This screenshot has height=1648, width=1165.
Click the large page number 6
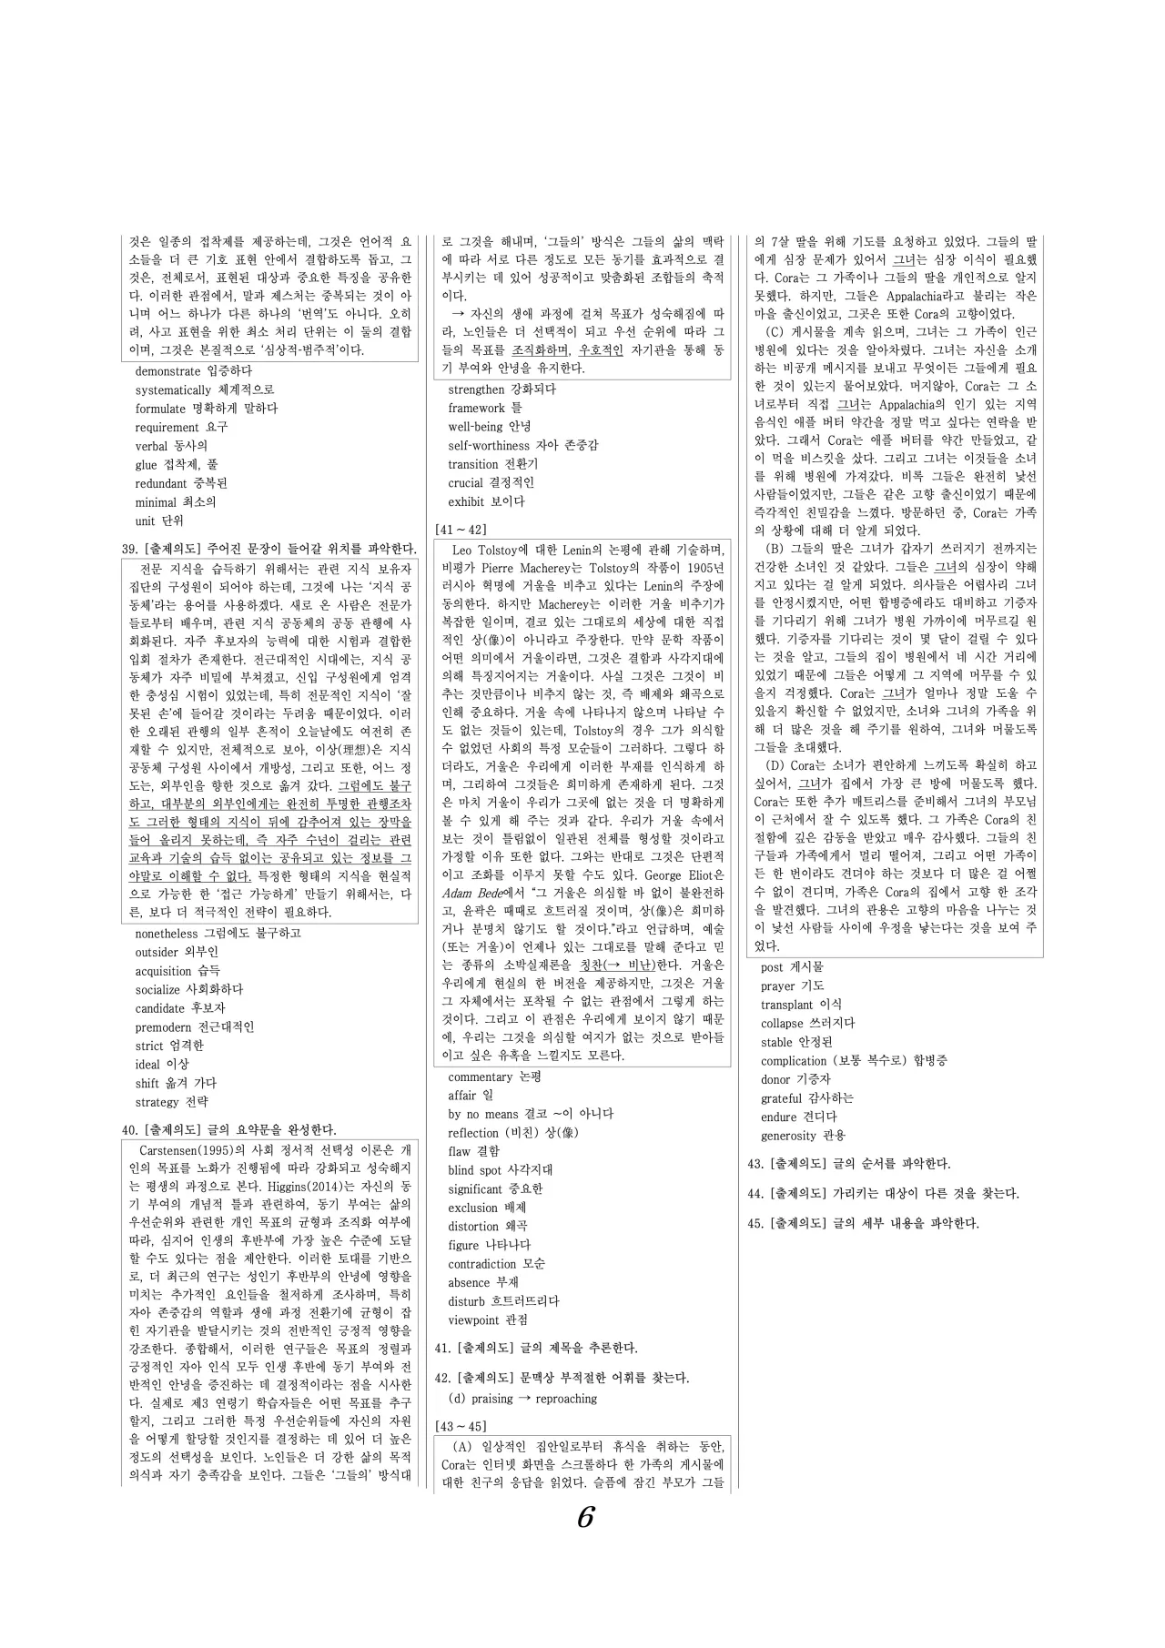[585, 1517]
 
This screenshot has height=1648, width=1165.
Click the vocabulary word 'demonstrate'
[167, 371]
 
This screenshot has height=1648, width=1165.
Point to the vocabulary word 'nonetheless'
[167, 934]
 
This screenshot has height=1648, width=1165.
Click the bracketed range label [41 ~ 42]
[461, 530]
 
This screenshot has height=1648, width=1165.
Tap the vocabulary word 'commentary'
[480, 1077]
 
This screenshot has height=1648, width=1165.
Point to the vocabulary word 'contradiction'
[482, 1264]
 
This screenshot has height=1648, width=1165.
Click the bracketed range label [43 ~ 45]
[461, 1426]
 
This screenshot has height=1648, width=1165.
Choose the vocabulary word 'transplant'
[787, 1005]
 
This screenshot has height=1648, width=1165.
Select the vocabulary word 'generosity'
[788, 1136]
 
